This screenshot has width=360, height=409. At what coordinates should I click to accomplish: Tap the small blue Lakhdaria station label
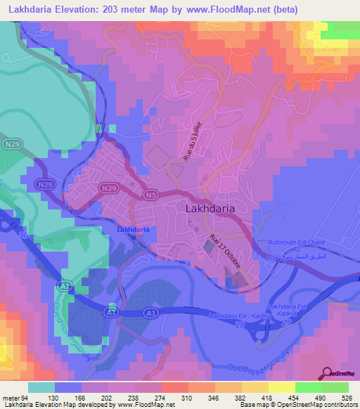pos(131,230)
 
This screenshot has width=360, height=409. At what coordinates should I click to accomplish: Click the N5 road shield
pos(150,194)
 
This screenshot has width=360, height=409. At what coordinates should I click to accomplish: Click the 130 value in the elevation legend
pos(68,398)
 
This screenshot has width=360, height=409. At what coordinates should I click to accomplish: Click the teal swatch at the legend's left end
pos(41,387)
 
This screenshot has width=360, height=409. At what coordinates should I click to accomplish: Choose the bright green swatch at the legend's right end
pos(335,387)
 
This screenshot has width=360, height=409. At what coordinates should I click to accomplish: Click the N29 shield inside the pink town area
pos(107,188)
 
